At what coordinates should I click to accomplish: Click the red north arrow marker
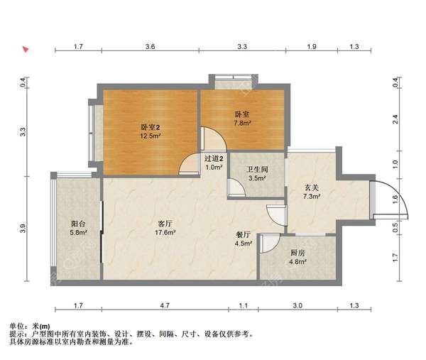26,50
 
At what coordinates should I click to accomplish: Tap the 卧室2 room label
151,127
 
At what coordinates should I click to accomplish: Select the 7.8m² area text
242,123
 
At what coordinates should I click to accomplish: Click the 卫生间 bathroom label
257,170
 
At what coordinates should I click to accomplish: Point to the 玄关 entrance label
312,187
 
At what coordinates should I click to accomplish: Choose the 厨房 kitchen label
297,253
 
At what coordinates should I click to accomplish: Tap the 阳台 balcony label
78,224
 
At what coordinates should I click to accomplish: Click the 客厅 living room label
165,224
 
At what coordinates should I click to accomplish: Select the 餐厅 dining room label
243,235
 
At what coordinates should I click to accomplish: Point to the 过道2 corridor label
214,158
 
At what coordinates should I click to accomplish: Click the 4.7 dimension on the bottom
165,305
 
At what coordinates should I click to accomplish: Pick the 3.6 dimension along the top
150,46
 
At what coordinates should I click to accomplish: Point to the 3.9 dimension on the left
23,229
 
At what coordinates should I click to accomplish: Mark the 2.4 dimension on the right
395,119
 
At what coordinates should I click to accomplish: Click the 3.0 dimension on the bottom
297,305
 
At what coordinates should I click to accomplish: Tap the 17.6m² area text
165,233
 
